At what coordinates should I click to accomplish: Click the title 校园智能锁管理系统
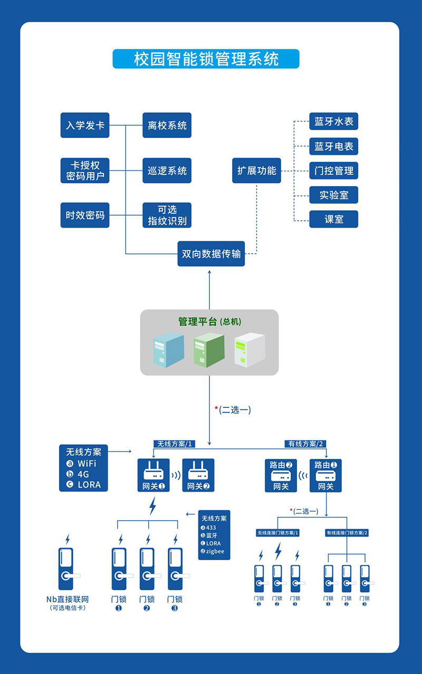[206, 59]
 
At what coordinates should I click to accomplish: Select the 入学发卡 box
[85, 126]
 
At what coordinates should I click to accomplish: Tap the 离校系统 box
[167, 126]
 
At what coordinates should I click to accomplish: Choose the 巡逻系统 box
[167, 171]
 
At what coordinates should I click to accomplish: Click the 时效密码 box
[85, 216]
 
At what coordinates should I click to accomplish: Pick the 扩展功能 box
[256, 171]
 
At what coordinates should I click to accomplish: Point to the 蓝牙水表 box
[333, 122]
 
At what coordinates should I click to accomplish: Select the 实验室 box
[333, 195]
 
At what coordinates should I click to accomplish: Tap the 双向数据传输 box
[211, 254]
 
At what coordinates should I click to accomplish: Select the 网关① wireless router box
[154, 475]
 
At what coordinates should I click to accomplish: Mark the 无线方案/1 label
[175, 444]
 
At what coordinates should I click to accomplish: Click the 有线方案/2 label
[305, 444]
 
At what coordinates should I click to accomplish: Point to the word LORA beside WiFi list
[89, 485]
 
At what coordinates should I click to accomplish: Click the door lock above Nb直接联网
[66, 569]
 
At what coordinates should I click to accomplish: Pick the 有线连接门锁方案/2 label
[347, 533]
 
